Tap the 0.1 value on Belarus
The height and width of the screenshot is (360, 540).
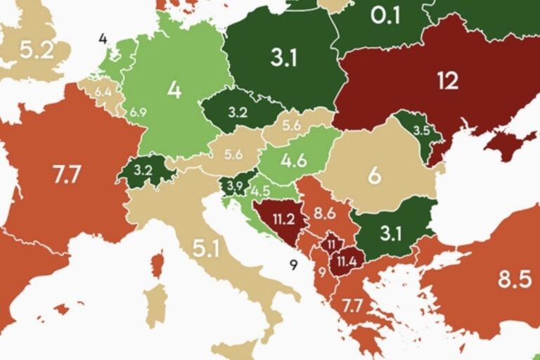pos(385,15)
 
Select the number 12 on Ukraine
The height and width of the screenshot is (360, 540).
pos(447,81)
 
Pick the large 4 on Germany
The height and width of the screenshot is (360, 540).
pos(174,91)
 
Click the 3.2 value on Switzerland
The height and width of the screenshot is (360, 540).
pos(143,170)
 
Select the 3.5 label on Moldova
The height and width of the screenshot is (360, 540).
pos(421,130)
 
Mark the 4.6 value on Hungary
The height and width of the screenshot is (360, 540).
pos(294,160)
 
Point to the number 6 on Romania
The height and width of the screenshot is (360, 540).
pos(375,175)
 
